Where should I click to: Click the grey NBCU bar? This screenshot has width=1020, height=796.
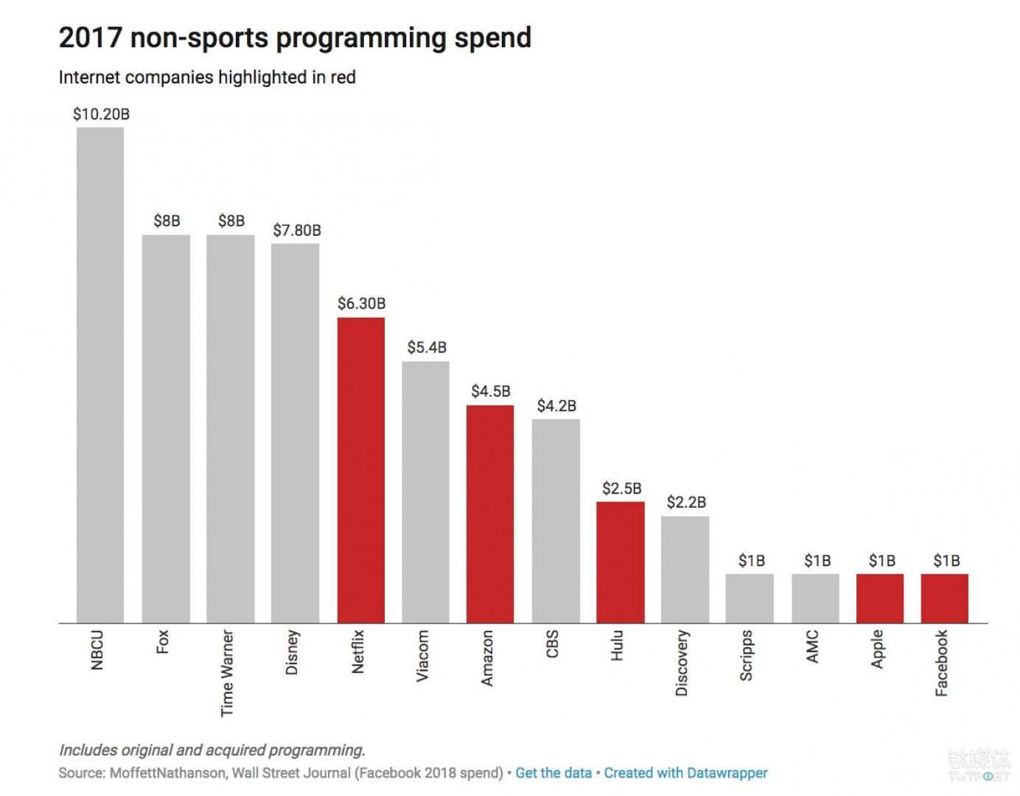(x=100, y=375)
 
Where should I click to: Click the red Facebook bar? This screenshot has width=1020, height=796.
(x=944, y=598)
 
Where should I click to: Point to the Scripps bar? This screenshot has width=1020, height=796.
(x=750, y=598)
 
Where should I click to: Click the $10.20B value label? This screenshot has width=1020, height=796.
(x=101, y=114)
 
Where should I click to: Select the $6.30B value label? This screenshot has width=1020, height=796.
(x=361, y=304)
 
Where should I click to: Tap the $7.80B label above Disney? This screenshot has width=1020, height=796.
(x=296, y=231)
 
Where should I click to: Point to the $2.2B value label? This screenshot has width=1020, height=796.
(x=686, y=503)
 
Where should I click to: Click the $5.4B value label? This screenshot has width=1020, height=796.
(x=427, y=347)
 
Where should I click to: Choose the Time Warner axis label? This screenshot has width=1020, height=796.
(x=227, y=672)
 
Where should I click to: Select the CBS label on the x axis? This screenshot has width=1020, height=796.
(x=552, y=643)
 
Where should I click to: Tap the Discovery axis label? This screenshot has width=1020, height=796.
(x=682, y=662)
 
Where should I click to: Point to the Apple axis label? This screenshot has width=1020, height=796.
(x=877, y=649)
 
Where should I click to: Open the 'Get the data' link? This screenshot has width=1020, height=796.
(x=553, y=773)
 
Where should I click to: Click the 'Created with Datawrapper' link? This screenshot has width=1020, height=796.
(x=685, y=773)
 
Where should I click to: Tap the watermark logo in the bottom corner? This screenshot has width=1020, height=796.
(x=979, y=764)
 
